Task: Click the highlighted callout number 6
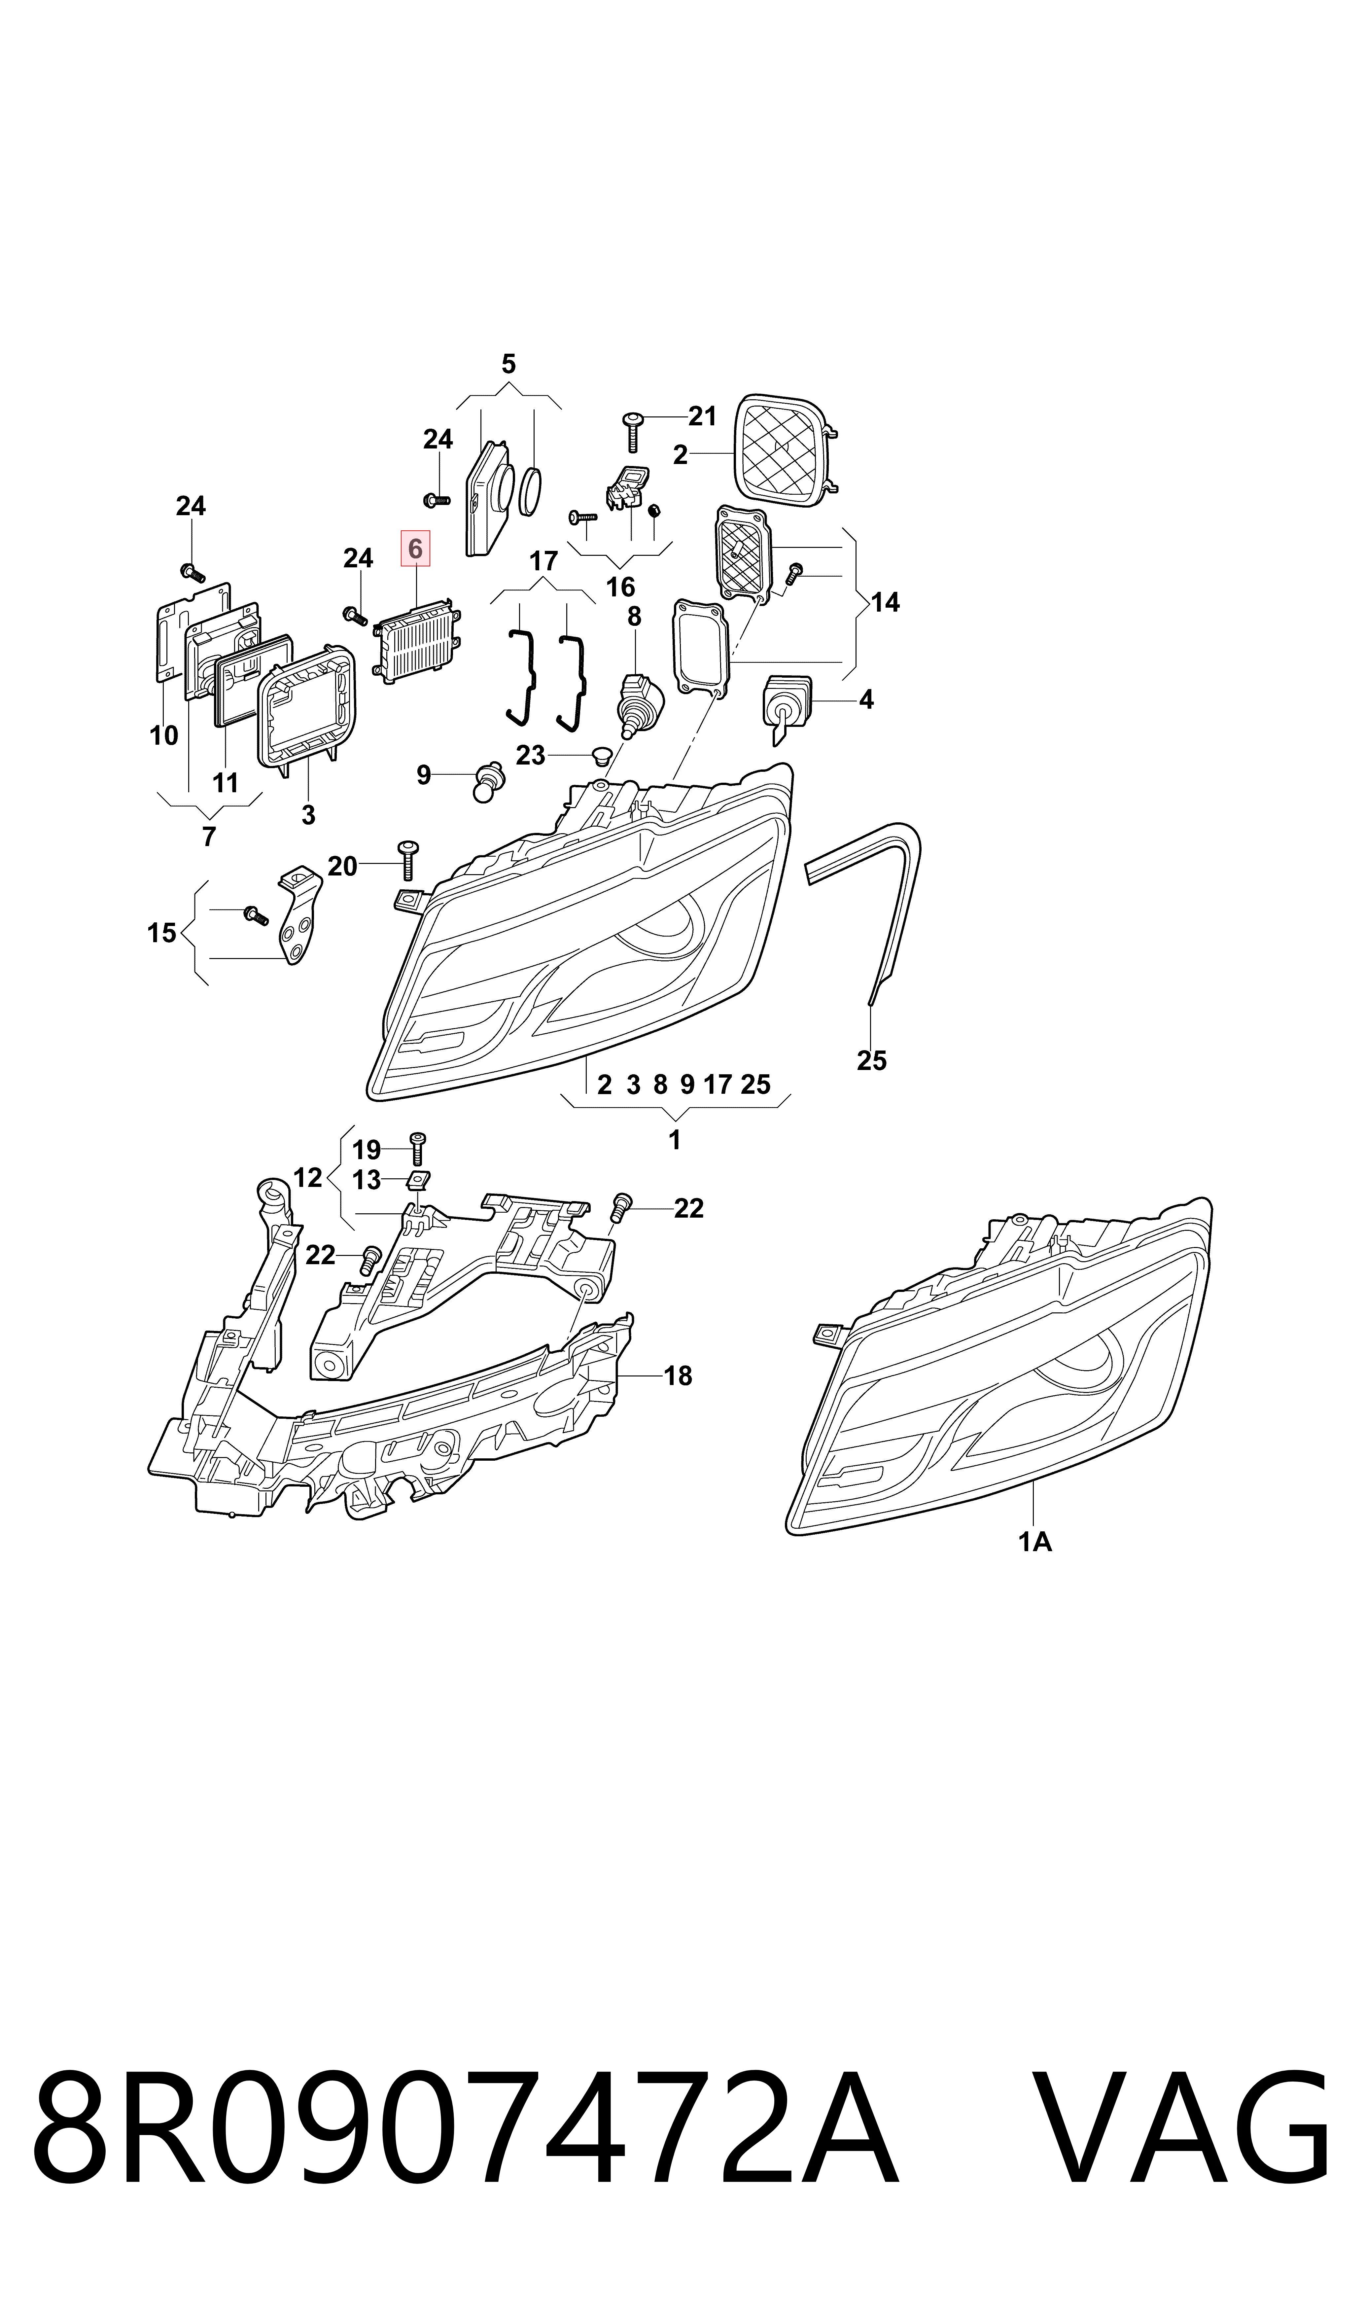coord(415,549)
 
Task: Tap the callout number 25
coord(871,1060)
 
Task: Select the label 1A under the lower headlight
coord(1035,1541)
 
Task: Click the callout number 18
coord(678,1376)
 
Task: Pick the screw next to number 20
coord(406,860)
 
